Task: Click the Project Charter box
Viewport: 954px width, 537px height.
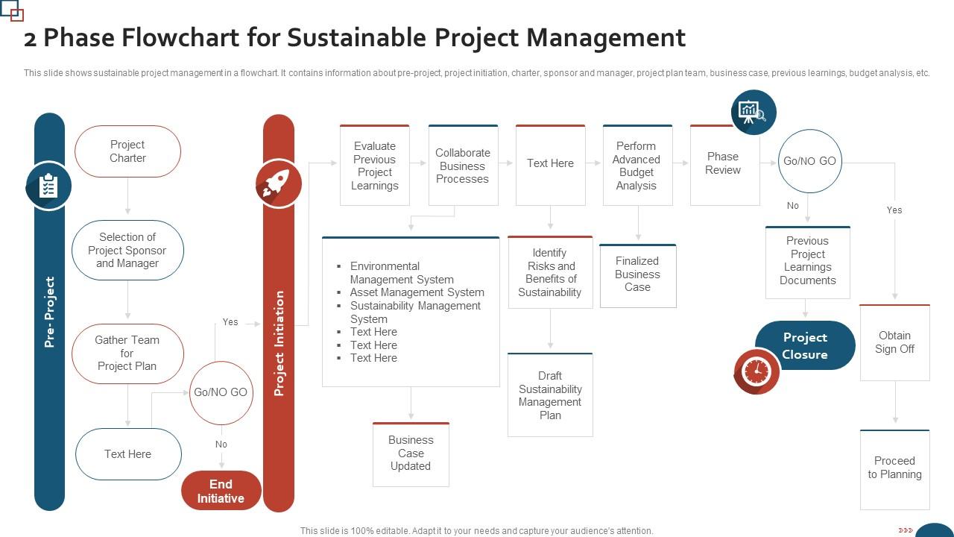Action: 127,151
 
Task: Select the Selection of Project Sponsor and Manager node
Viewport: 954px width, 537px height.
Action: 127,250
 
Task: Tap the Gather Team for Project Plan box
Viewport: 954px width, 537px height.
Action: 127,353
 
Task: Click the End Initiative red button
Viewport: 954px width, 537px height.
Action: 221,491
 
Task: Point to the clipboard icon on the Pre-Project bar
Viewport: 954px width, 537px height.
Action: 49,186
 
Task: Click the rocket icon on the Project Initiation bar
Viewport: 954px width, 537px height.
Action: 278,183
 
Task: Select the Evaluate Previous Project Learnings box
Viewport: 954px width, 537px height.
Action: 374,166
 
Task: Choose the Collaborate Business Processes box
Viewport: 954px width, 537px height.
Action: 463,166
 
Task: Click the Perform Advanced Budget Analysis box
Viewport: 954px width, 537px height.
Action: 637,166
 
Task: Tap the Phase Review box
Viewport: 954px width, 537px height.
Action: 724,164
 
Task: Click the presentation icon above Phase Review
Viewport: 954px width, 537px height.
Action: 753,113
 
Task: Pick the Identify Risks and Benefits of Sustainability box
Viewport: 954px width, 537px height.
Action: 550,272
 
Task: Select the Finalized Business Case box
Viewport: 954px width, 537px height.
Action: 637,274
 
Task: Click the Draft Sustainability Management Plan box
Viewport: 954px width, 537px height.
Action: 550,395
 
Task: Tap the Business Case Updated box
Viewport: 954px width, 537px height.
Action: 411,453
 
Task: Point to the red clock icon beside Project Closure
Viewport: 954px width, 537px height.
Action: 756,371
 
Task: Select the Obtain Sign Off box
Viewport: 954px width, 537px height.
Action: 894,342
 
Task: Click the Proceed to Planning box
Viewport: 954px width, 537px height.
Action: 894,468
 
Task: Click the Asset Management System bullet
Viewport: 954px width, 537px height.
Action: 417,292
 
